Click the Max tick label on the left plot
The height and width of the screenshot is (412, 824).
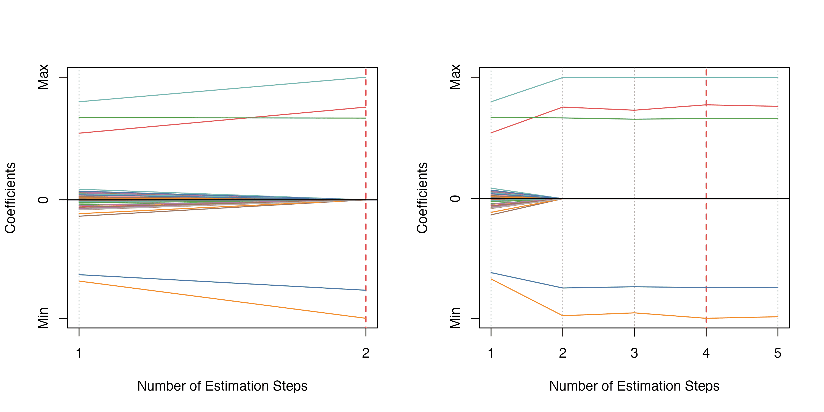(x=43, y=77)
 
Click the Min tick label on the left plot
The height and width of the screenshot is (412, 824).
(x=43, y=318)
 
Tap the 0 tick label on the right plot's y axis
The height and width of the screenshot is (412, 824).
(x=455, y=199)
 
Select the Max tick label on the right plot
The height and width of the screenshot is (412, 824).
(x=455, y=77)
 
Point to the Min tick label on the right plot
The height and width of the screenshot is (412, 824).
(x=455, y=318)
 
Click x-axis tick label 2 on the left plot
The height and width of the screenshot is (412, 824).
(x=366, y=353)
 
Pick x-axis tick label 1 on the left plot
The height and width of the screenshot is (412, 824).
(x=79, y=353)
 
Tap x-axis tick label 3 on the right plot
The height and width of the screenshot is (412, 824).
(x=634, y=353)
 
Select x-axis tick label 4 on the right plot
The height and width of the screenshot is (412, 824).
(x=706, y=353)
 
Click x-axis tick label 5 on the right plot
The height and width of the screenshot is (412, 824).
(x=778, y=353)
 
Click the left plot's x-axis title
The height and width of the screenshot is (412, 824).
(x=222, y=386)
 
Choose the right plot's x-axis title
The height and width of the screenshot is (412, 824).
(x=634, y=386)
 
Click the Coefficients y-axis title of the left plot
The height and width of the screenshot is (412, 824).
(x=10, y=198)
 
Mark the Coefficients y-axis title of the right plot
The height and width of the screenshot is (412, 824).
(x=422, y=198)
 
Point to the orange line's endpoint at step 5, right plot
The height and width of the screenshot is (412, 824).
(x=778, y=317)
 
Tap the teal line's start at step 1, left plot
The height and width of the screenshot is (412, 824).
(x=79, y=102)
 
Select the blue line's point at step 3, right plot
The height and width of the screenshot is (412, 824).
(x=634, y=286)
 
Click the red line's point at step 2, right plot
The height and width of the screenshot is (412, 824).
(x=563, y=107)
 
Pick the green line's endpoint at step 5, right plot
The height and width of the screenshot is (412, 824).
(x=778, y=119)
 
